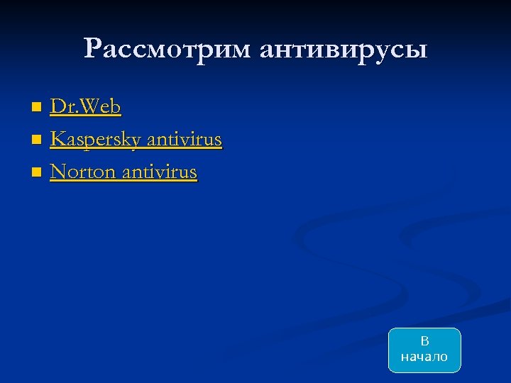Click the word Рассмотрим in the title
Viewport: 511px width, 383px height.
[x=167, y=49]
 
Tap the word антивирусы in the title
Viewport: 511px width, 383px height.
[x=344, y=50]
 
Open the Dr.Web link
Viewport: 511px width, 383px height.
[x=85, y=107]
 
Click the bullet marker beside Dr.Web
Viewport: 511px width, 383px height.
[x=37, y=108]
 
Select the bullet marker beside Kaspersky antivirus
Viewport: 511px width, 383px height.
[x=37, y=140]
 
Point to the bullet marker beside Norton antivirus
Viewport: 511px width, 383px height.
[x=37, y=172]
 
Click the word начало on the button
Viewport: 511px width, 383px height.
[x=424, y=357]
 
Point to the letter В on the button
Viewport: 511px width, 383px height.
[x=424, y=342]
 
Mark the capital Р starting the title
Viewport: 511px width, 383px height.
[x=92, y=49]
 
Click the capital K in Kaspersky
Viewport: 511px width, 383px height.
[x=57, y=140]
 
